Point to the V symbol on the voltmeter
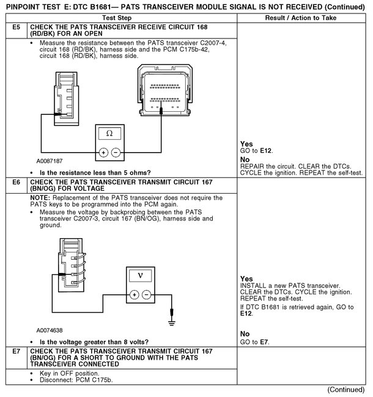pyautogui.click(x=141, y=275)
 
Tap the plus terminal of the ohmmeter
pyautogui.click(x=104, y=153)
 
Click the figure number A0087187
pyautogui.click(x=49, y=161)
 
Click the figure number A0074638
pyautogui.click(x=49, y=330)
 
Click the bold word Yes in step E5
pyautogui.click(x=246, y=144)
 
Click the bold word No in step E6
pyautogui.click(x=246, y=333)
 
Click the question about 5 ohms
pyautogui.click(x=95, y=173)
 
